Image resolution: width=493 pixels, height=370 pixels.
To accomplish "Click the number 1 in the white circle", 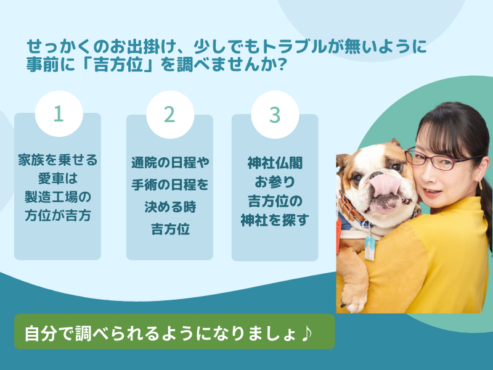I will (59, 114).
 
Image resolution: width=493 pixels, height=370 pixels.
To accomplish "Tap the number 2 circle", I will (169, 114).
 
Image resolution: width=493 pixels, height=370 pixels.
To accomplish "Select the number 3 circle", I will (275, 114).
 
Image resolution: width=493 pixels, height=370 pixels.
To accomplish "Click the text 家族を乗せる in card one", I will (57, 162).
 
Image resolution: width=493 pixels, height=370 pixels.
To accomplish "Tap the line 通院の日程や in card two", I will (169, 163).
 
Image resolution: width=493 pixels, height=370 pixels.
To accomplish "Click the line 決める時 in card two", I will (169, 207).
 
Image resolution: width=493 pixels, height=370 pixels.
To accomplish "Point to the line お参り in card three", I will (275, 182).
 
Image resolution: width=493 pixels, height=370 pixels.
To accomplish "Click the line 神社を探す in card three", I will (275, 220).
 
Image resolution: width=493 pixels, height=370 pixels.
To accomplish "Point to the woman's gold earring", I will (479, 184).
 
